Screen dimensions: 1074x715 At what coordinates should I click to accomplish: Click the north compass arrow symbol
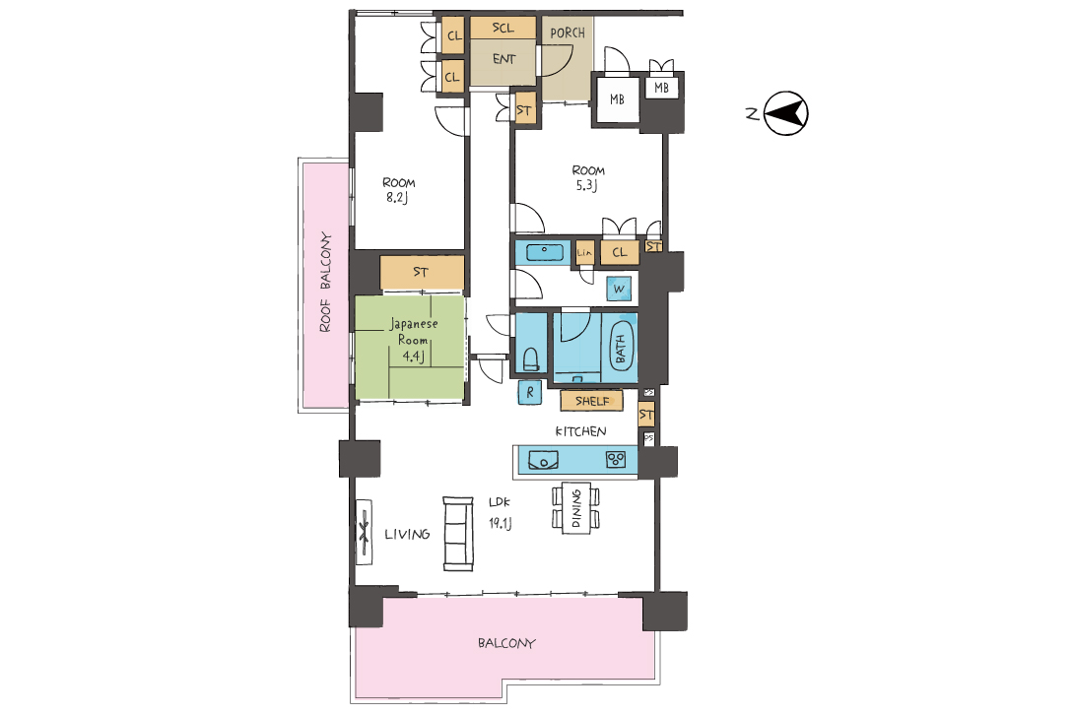(x=786, y=113)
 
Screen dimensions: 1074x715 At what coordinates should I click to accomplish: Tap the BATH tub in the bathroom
(x=621, y=347)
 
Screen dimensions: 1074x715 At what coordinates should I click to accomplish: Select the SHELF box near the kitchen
(x=592, y=401)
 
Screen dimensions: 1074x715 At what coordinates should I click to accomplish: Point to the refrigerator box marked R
(x=529, y=392)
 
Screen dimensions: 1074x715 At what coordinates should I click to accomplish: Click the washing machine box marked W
(x=619, y=289)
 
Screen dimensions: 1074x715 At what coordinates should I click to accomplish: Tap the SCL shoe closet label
(x=503, y=29)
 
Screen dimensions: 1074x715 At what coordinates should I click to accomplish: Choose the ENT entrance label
(x=504, y=59)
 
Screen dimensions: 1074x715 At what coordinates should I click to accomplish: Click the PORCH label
(x=568, y=32)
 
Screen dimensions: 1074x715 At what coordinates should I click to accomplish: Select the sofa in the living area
(x=457, y=534)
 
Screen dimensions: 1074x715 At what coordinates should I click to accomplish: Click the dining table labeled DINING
(x=576, y=508)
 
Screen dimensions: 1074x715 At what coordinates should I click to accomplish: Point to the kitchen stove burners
(x=616, y=459)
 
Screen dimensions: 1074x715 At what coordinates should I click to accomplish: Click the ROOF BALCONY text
(x=325, y=283)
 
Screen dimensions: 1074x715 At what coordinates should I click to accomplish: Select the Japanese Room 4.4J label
(x=414, y=340)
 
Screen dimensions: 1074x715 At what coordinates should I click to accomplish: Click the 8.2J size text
(x=397, y=198)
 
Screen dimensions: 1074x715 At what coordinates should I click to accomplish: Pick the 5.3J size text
(x=586, y=185)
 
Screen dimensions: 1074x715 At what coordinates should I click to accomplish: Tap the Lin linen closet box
(x=584, y=252)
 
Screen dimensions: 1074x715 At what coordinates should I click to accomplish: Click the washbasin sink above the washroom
(x=545, y=252)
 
